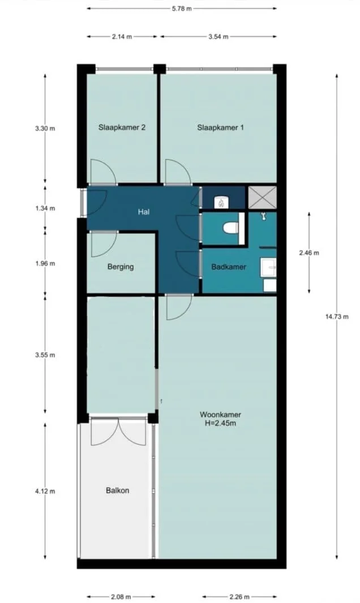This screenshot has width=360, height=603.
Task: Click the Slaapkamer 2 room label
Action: point(122,128)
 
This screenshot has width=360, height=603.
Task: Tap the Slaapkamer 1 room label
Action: point(220,128)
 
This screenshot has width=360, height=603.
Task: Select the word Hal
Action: point(143,212)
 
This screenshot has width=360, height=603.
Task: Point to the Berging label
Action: point(121,267)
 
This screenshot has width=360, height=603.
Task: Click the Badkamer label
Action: point(229,267)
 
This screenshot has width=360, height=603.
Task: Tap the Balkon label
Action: point(118,490)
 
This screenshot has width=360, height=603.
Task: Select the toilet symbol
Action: point(230,228)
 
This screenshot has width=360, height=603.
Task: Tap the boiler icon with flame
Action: point(221,201)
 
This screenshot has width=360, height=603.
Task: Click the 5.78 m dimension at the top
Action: point(181,8)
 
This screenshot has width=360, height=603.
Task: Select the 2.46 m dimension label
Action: point(308,253)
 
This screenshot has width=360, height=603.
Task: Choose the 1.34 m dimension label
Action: point(45,208)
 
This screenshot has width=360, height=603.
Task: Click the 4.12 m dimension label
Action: point(45,491)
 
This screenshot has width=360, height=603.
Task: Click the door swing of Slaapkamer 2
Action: point(102,174)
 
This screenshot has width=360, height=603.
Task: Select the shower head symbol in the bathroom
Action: point(264,216)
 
